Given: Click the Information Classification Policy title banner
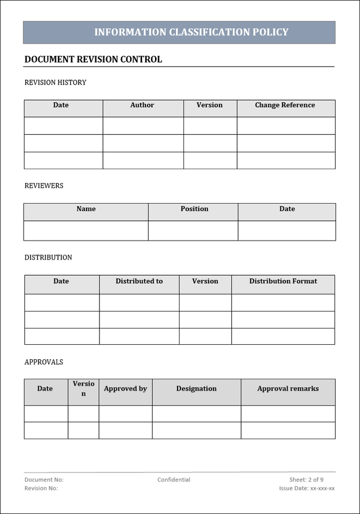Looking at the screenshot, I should click(x=191, y=33).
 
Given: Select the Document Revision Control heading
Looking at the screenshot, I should click(x=93, y=60).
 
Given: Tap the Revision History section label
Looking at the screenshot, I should click(x=55, y=83).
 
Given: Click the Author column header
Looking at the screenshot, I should click(x=142, y=105).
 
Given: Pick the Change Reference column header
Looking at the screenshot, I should click(x=285, y=105).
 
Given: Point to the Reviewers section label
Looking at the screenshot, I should click(x=44, y=186).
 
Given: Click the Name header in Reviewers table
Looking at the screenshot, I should click(x=86, y=209).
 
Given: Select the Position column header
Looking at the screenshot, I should click(x=194, y=209).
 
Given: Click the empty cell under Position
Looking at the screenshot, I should click(x=193, y=230).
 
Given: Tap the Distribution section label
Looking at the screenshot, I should click(x=48, y=258).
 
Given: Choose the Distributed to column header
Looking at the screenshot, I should click(x=139, y=281).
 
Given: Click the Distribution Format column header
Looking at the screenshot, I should click(x=283, y=281).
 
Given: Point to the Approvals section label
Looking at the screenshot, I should click(x=44, y=362).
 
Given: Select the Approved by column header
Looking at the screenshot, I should click(x=125, y=389).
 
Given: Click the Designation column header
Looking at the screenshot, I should click(x=196, y=389).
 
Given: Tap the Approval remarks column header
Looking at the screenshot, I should click(x=288, y=389).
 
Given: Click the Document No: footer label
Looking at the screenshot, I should click(x=44, y=480).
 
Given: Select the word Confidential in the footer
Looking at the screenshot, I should click(x=174, y=480).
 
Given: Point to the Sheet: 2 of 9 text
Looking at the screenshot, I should click(x=306, y=480).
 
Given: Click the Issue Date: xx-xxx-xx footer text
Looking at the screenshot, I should click(x=307, y=488).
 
